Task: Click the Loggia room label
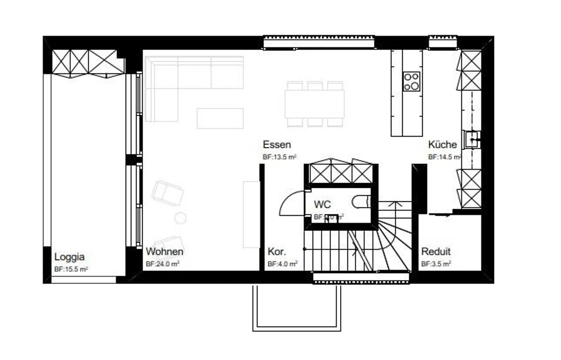point(69,257)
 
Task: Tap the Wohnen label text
point(164,252)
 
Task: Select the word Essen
point(277,145)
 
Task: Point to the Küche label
point(442,145)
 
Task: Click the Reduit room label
point(436,252)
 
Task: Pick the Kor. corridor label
point(277,252)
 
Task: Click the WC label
point(322,205)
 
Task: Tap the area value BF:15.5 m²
point(71,269)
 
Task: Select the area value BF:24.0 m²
point(162,264)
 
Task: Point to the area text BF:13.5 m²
point(279,157)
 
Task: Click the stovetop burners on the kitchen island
point(411,81)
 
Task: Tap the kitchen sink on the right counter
point(472,139)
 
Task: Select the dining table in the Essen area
point(314,104)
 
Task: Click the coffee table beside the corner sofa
point(220,118)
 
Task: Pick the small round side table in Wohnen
point(180,218)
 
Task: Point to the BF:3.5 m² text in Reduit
point(436,264)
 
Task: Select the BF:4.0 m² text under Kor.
point(282,264)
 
